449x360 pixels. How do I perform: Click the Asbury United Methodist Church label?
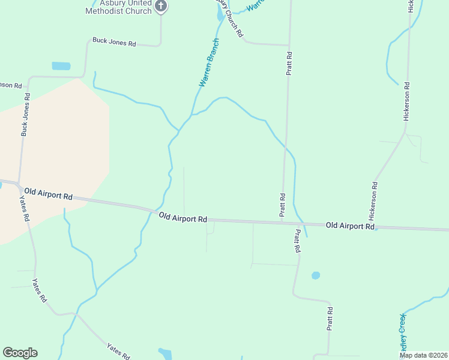coord(120,7)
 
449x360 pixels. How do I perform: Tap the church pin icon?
coord(160,7)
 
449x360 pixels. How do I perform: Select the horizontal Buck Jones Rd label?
coord(114,43)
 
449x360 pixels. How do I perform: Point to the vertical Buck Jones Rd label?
coord(25,115)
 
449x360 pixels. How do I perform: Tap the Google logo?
coord(20,353)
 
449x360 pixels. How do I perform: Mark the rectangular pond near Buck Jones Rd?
coord(61,66)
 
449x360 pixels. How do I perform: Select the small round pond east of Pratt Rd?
coord(316,275)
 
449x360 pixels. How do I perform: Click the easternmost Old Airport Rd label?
coord(350,226)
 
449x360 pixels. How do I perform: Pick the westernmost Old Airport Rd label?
coord(49,193)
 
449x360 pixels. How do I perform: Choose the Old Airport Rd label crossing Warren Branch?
coord(183,218)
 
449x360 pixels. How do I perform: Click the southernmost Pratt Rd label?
coord(330,319)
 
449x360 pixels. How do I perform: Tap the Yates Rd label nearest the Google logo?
coord(118,351)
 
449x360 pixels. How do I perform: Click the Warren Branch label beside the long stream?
coord(209,64)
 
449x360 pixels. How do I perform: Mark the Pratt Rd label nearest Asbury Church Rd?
coord(289,63)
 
